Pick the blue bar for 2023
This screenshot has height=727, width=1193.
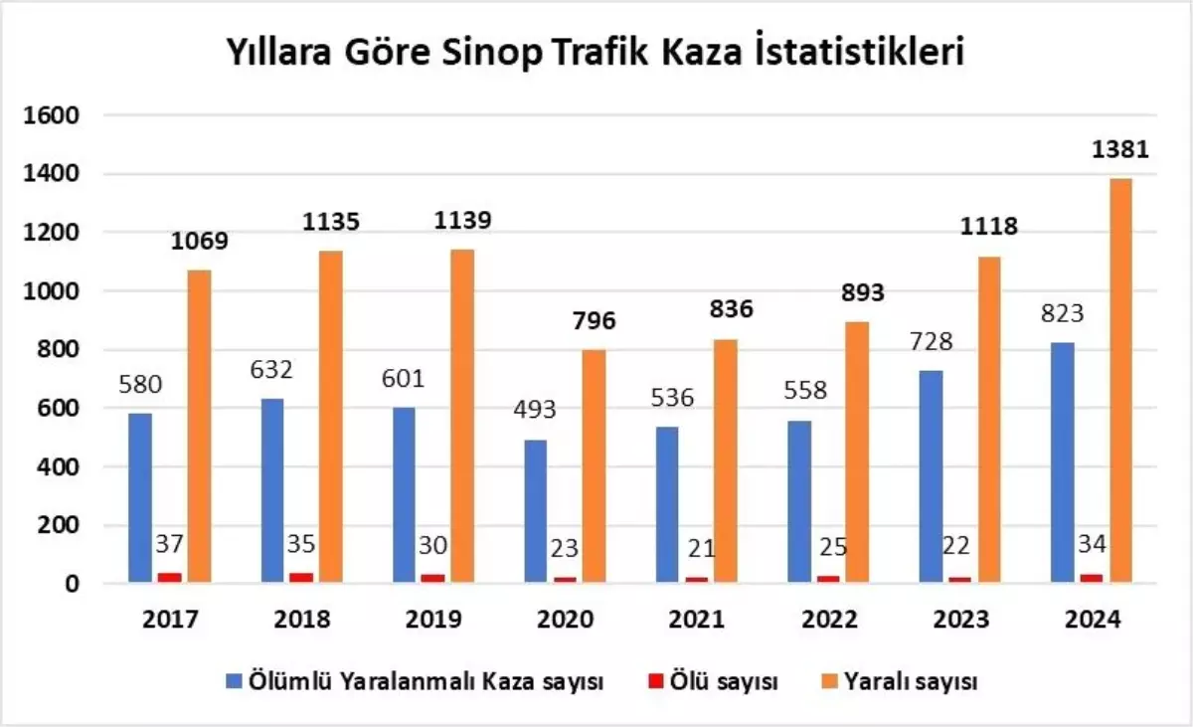click(x=933, y=476)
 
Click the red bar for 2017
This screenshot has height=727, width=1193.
click(x=170, y=577)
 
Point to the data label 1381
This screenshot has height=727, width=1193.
click(x=1120, y=150)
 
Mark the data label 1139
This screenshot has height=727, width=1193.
click(x=462, y=219)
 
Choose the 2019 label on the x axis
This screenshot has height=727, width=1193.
click(x=433, y=620)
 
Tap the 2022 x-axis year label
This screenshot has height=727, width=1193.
click(x=829, y=620)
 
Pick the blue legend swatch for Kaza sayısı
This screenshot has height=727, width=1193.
click(x=234, y=681)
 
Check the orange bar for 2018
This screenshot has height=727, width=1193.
click(x=330, y=416)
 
